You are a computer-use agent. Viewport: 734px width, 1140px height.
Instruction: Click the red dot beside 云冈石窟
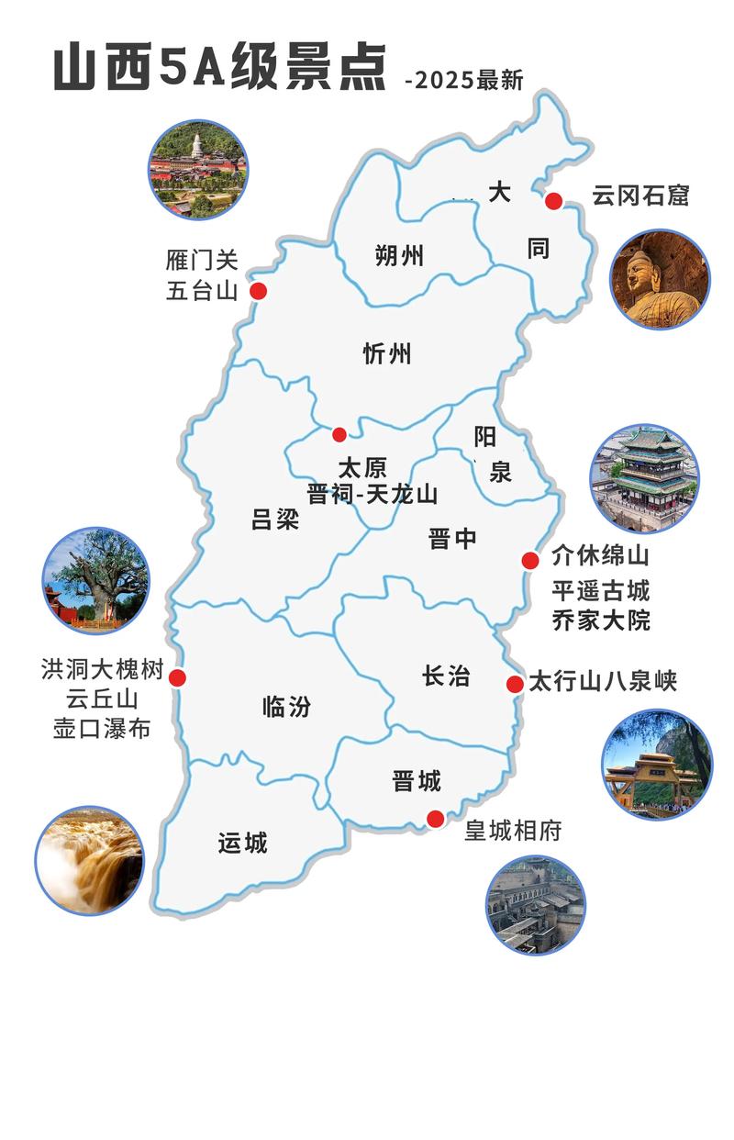coord(553,201)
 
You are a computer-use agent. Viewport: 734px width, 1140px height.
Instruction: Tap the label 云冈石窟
coord(639,196)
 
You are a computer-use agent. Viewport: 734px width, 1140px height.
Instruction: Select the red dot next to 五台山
coord(259,291)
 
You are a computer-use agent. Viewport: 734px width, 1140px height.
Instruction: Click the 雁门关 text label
coord(203,260)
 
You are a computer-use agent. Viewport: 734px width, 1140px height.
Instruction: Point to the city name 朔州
coord(399,256)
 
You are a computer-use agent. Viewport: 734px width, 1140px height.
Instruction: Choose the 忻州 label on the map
coord(387,353)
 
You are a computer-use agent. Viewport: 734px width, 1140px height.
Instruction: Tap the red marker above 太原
coord(339,434)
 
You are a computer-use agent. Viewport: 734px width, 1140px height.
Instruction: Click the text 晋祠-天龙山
coord(372,495)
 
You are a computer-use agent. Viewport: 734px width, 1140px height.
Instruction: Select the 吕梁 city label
coord(275,520)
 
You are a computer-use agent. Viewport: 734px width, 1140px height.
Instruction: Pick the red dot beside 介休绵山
coord(530,560)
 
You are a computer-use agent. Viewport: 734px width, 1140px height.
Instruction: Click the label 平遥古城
coord(601,589)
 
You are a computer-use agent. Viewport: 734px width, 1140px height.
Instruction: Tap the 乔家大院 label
coord(601,620)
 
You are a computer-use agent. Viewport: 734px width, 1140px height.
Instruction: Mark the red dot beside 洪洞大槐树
coord(177,678)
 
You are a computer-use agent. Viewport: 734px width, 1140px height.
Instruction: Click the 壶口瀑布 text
coord(101,729)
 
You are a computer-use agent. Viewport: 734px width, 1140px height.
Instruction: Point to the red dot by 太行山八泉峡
coord(515,684)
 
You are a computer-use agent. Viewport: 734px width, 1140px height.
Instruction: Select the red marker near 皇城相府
coord(436,818)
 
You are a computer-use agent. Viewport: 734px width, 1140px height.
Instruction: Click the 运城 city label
coord(243,843)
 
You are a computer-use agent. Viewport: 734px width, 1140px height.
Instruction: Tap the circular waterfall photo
coord(89,860)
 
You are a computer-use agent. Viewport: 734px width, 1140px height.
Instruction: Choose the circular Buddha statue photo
coord(660,279)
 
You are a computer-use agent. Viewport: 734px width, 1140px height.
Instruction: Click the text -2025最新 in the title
coord(464,80)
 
